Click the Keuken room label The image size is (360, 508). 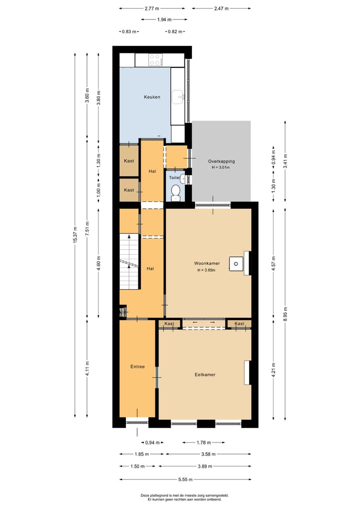(152, 97)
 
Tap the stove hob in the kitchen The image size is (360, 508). (155, 60)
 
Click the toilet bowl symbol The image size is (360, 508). (175, 191)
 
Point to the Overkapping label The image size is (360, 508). (221, 161)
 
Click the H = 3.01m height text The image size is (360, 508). (221, 168)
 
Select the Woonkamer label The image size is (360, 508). (207, 263)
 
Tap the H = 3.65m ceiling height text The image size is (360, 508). (207, 270)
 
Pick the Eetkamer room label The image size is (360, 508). (205, 374)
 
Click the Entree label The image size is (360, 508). (137, 367)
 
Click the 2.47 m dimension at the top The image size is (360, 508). (221, 8)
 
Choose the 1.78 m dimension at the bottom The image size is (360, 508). (203, 443)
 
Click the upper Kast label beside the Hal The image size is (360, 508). (129, 161)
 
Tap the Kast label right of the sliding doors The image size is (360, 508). (239, 324)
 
